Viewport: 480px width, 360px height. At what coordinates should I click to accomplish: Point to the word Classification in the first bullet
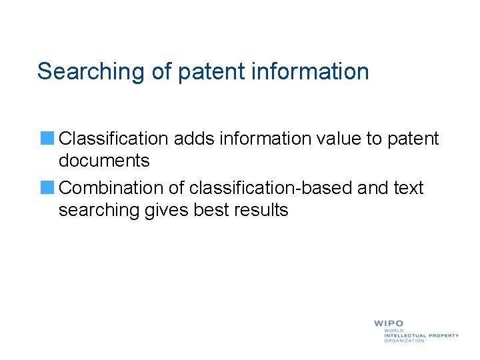pyautogui.click(x=113, y=139)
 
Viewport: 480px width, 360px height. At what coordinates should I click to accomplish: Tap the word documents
pyautogui.click(x=104, y=161)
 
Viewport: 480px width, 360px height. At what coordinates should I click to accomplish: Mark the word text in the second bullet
pyautogui.click(x=409, y=188)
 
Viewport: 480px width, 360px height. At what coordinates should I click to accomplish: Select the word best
pyautogui.click(x=210, y=210)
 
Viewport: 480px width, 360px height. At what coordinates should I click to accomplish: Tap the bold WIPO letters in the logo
pyautogui.click(x=388, y=323)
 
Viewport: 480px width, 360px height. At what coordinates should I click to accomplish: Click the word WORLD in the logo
pyautogui.click(x=393, y=331)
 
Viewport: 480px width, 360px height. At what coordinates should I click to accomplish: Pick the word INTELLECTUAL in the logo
pyautogui.click(x=405, y=335)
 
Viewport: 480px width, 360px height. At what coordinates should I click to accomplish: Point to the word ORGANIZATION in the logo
pyautogui.click(x=404, y=341)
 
